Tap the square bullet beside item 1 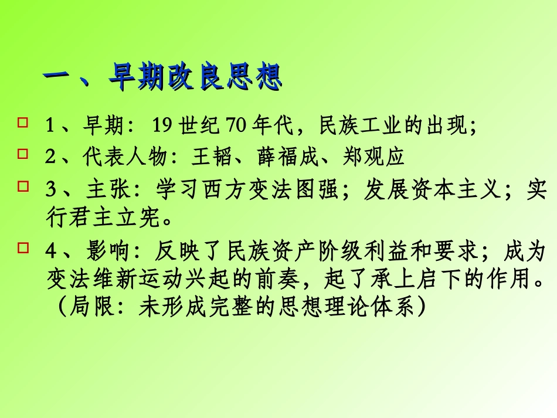[x=23, y=123]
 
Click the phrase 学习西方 [x=189, y=190]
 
